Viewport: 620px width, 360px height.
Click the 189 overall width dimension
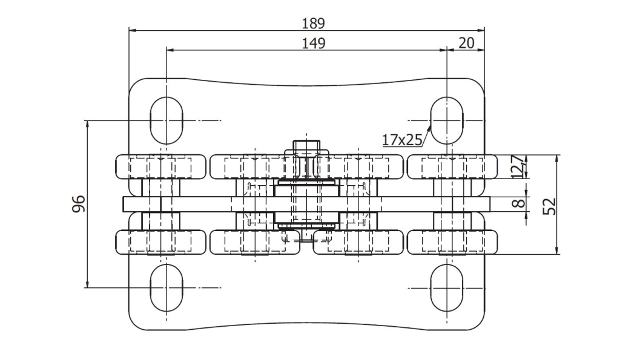(313, 24)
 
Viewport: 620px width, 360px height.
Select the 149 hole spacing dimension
(313, 43)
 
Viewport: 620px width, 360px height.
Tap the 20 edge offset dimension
(466, 43)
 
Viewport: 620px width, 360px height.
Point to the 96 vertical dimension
(79, 203)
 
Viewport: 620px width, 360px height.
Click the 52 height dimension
(550, 206)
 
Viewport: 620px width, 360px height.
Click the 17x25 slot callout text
(402, 140)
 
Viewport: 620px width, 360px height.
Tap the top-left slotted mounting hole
(167, 120)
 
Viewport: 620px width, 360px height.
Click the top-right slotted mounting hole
(446, 120)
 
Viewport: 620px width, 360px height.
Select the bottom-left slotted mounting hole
(167, 287)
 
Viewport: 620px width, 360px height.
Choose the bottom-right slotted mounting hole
(446, 287)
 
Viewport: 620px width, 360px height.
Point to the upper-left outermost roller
(160, 166)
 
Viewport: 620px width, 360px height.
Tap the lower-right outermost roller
(452, 242)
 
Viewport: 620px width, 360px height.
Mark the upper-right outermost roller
(452, 166)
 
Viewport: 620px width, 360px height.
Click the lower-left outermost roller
(160, 242)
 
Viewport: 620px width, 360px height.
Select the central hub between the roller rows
(307, 204)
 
